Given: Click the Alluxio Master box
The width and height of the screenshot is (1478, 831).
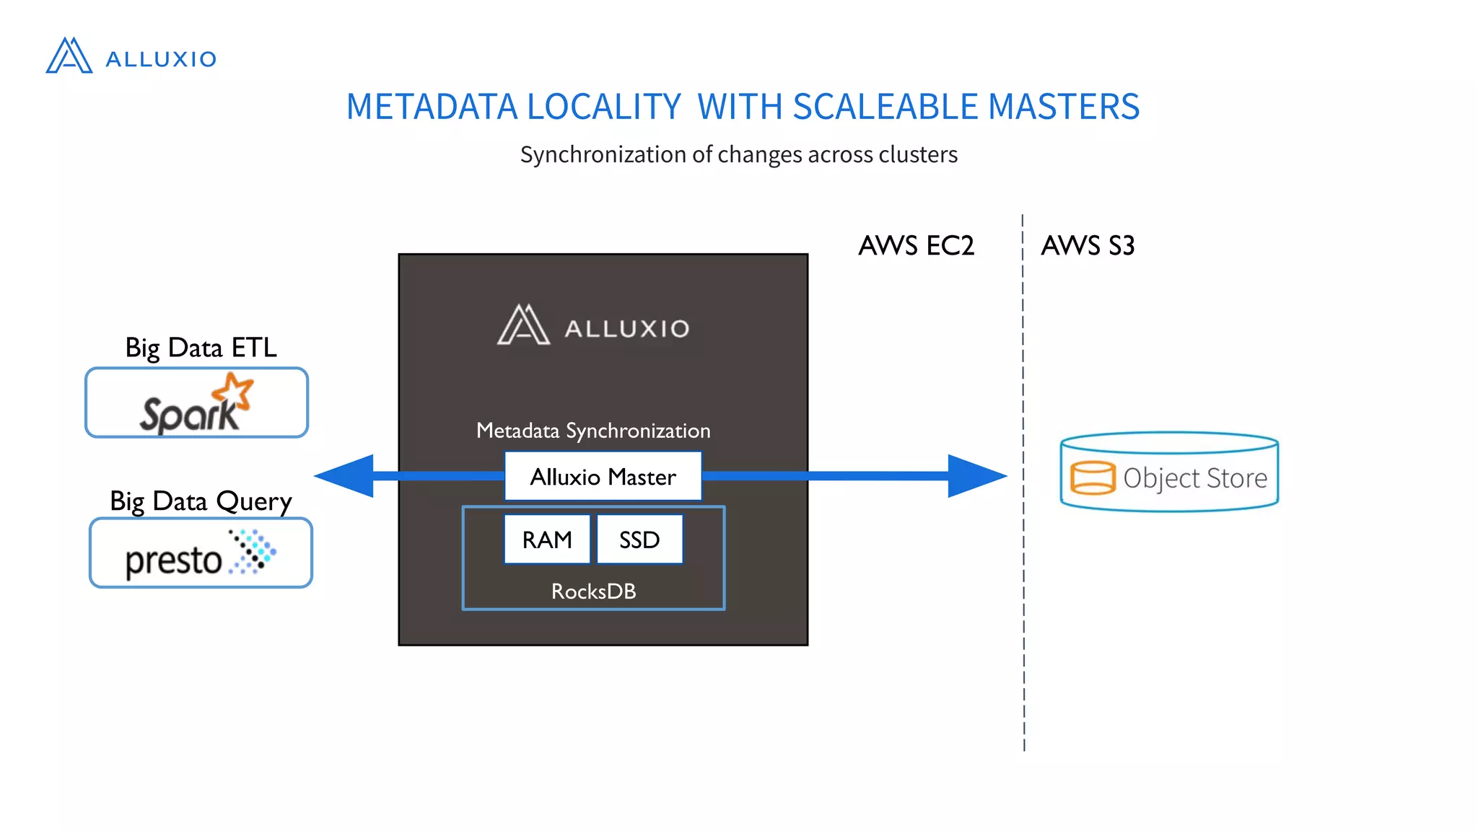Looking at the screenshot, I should point(603,477).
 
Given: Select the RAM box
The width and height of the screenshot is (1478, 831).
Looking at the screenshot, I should point(547,540).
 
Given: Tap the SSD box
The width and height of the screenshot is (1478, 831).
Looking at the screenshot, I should point(639,540).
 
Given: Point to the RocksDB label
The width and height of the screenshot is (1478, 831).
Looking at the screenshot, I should point(593,592).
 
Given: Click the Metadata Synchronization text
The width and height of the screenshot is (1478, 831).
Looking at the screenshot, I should point(593,431).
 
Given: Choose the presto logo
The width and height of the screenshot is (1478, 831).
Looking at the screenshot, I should point(200,554).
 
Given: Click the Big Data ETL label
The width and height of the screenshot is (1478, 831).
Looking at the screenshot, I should point(201,348).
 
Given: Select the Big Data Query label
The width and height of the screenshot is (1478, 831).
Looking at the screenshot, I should point(201,501).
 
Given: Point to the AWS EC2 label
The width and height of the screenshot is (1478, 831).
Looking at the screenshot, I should point(916,246).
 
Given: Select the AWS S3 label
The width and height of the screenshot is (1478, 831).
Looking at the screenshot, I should point(1088,246).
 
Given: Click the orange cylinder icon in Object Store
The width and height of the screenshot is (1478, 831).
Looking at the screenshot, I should point(1093,478).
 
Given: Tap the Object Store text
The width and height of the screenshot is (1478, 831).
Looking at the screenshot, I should point(1195,478).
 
